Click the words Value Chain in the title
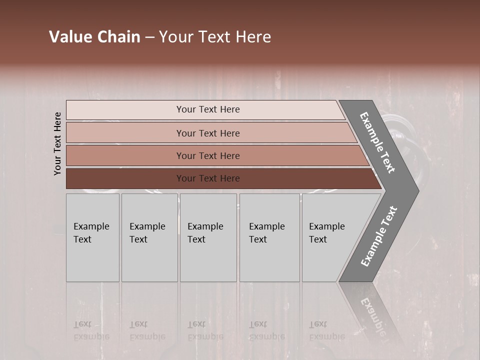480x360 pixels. point(94,37)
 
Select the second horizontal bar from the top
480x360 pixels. point(210,133)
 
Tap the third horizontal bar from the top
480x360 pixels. point(215,155)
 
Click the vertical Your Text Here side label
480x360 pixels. point(57,143)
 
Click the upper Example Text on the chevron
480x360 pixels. point(378,143)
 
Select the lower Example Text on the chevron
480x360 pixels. point(378,236)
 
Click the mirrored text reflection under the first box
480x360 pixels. point(91,330)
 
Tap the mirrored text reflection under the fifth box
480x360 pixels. point(326,330)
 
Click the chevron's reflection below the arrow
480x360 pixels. point(372,312)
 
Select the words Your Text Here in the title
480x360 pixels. point(215,37)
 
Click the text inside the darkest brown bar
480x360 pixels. point(208,178)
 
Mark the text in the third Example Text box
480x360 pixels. point(205,233)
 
